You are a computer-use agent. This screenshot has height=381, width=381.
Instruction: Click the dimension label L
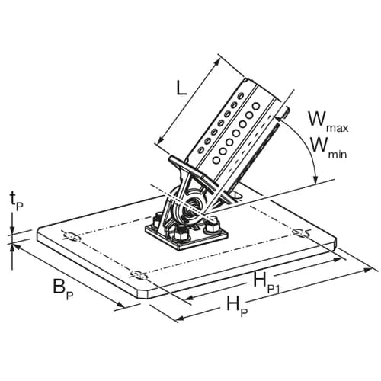(x=181, y=89)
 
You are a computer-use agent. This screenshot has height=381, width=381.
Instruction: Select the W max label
(x=328, y=122)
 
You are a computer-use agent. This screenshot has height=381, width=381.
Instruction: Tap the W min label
(x=328, y=149)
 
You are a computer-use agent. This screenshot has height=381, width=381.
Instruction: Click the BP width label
(x=63, y=290)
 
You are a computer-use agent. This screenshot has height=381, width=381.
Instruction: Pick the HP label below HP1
(x=237, y=306)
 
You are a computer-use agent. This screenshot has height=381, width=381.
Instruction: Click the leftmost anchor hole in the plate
(x=72, y=237)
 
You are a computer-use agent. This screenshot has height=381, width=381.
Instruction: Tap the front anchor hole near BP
(x=139, y=275)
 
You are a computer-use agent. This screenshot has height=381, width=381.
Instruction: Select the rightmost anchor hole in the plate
(x=300, y=232)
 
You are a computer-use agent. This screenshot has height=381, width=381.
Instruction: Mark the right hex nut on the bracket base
(x=213, y=226)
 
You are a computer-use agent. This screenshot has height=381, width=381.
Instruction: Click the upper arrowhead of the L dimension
(x=217, y=61)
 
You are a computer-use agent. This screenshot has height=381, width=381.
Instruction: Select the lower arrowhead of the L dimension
(x=161, y=139)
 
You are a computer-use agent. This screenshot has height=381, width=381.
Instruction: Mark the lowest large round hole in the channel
(x=216, y=160)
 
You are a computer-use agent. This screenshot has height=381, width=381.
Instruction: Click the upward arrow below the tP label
(x=12, y=250)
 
